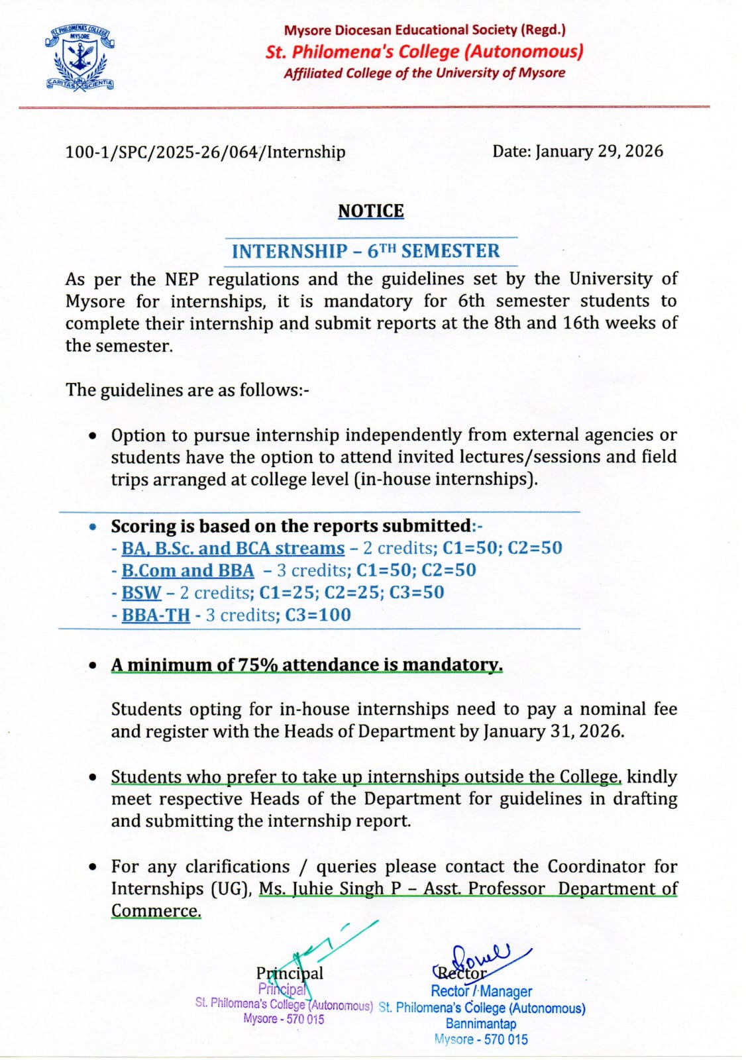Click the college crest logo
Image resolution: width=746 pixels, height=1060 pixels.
[80, 58]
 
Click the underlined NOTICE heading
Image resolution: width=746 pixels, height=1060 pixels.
[370, 211]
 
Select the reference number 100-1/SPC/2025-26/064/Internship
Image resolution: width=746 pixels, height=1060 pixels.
[205, 152]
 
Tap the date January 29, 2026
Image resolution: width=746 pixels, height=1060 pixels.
[599, 151]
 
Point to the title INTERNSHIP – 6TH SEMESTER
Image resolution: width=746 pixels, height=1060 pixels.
[366, 251]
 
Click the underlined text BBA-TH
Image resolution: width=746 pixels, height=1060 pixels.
[156, 615]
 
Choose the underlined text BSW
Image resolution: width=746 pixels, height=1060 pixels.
[141, 592]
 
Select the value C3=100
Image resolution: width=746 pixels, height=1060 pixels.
[318, 615]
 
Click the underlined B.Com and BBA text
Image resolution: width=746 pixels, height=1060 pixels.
[187, 570]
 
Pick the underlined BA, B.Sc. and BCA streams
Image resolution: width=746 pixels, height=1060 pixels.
[233, 548]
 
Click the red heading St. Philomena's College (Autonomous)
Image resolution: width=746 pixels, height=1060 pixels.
[424, 51]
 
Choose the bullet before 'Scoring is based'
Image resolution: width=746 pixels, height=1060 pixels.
[94, 527]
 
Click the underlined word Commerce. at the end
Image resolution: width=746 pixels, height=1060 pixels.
[156, 911]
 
